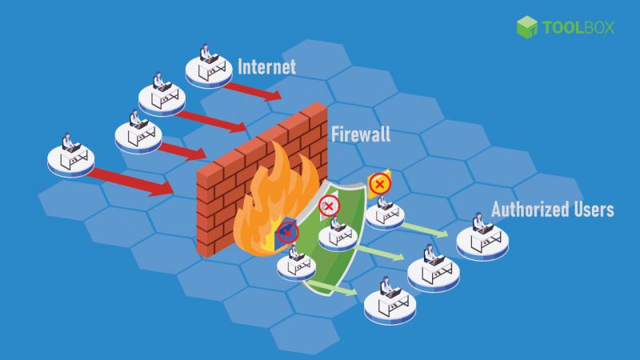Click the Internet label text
pyautogui.click(x=266, y=67)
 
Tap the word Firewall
pyautogui.click(x=361, y=134)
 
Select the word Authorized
pyautogui.click(x=530, y=210)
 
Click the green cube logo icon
pyautogui.click(x=527, y=27)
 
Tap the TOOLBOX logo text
pyautogui.click(x=578, y=27)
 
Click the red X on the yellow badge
pyautogui.click(x=379, y=184)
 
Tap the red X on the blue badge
pyautogui.click(x=287, y=233)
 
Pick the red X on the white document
pyautogui.click(x=329, y=206)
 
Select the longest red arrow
pyautogui.click(x=131, y=182)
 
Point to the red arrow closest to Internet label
pyautogui.click(x=253, y=91)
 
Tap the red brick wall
pyautogui.click(x=262, y=179)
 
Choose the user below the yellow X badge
pyautogui.click(x=385, y=212)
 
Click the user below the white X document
pyautogui.click(x=338, y=234)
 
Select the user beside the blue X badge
pyautogui.click(x=296, y=263)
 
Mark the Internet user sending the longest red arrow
pyautogui.click(x=71, y=155)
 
